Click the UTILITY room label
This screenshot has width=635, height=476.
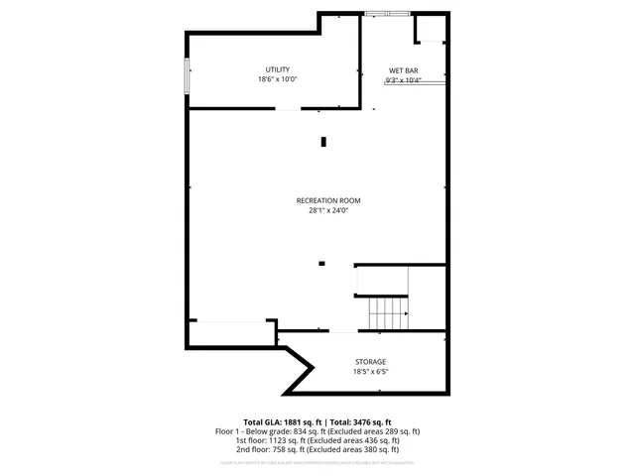click(x=278, y=69)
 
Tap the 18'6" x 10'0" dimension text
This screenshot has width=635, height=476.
click(x=278, y=79)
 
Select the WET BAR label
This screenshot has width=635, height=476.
click(x=403, y=71)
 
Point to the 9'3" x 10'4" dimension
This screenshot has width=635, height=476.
click(x=403, y=80)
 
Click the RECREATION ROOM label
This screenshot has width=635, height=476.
click(x=328, y=200)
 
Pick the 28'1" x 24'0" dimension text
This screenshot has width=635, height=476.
click(x=328, y=210)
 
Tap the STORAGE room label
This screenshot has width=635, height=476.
click(x=370, y=362)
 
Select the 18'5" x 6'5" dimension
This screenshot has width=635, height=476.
click(x=370, y=372)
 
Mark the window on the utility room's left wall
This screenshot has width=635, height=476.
click(x=187, y=76)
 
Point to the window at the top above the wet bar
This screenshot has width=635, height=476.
click(x=385, y=13)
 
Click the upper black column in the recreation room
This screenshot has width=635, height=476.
click(x=323, y=142)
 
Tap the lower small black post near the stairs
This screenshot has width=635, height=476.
click(x=321, y=263)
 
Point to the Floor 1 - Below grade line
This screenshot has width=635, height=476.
click(x=317, y=431)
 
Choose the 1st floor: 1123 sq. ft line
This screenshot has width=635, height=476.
click(x=317, y=441)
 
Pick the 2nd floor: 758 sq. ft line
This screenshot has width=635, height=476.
click(x=317, y=450)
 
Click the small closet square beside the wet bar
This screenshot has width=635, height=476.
click(x=431, y=29)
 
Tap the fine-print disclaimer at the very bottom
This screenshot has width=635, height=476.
click(x=317, y=462)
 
